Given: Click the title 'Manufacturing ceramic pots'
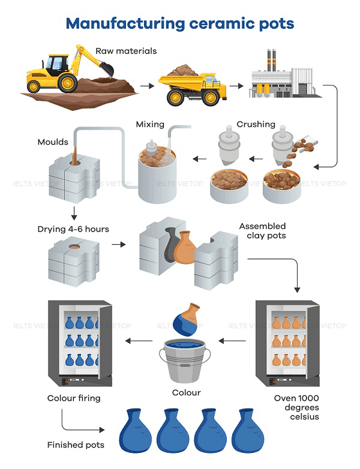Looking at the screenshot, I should [x=180, y=23].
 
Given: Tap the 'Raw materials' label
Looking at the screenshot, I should [x=126, y=51].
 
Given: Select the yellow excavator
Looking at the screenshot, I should [x=66, y=71].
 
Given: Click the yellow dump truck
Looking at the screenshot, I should [x=191, y=86].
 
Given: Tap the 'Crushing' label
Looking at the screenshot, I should [x=256, y=125].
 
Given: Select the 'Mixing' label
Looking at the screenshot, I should [x=150, y=125].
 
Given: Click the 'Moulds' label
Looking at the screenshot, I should [x=53, y=143].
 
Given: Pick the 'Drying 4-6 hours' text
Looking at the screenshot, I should [x=73, y=229].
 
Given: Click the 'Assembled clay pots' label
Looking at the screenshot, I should [x=262, y=231].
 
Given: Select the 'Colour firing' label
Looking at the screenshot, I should [x=74, y=398].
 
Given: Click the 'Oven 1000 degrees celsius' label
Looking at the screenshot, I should [x=295, y=407].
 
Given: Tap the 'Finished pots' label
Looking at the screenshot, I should [x=76, y=444].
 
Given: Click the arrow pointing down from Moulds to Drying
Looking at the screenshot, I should [x=74, y=212].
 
